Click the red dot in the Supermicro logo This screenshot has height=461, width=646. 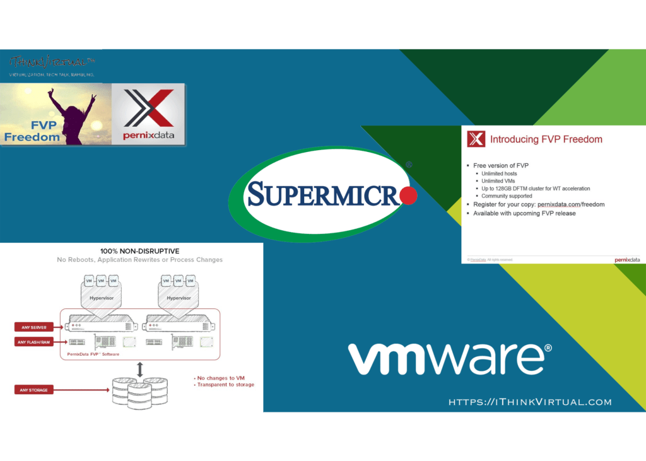click(408, 195)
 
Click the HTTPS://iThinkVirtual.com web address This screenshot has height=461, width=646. click(530, 402)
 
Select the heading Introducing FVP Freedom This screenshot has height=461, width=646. click(546, 139)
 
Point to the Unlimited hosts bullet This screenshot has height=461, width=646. click(499, 173)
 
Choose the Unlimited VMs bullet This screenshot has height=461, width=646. click(497, 181)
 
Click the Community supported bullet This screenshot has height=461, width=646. click(507, 196)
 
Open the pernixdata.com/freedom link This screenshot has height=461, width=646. click(570, 204)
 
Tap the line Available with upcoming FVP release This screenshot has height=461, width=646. click(524, 213)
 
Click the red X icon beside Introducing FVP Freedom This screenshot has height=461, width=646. click(476, 139)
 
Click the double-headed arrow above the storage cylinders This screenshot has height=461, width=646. click(139, 369)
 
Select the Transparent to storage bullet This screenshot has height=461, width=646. click(225, 385)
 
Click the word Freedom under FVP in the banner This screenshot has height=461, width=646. click(32, 137)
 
